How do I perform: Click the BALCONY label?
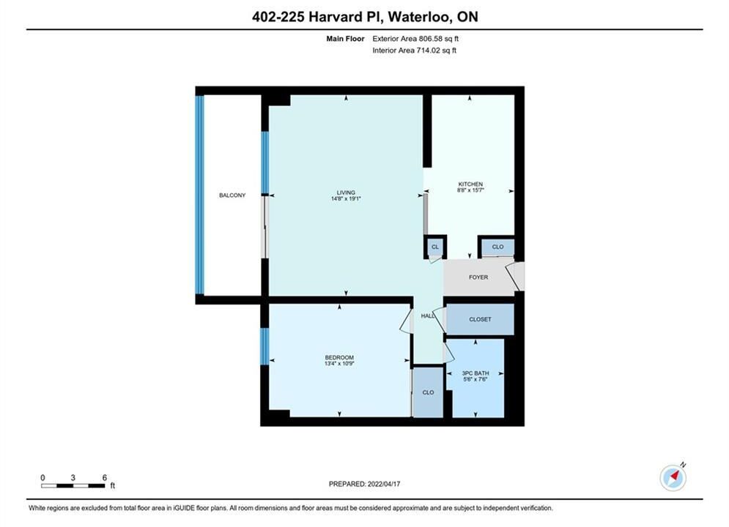(x=232, y=195)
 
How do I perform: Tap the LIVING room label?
(x=346, y=193)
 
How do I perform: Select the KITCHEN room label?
(x=470, y=184)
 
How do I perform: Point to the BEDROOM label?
(x=339, y=357)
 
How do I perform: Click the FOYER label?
(x=478, y=277)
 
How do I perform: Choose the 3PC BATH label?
(x=475, y=373)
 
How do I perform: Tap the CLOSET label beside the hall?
(x=481, y=319)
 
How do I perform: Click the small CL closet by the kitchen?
(x=435, y=247)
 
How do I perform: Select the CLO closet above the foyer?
(x=498, y=247)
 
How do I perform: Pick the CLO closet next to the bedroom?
(x=428, y=392)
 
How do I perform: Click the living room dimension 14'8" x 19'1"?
(x=346, y=199)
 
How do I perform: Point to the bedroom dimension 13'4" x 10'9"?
(x=339, y=364)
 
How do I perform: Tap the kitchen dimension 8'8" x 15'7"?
(x=470, y=190)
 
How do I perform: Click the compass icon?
(x=673, y=477)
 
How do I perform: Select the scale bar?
(x=73, y=486)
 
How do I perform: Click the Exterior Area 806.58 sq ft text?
(x=415, y=39)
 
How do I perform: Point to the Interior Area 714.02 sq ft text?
(x=414, y=51)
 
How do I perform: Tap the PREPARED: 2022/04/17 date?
(x=365, y=484)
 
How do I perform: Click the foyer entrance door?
(x=515, y=277)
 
